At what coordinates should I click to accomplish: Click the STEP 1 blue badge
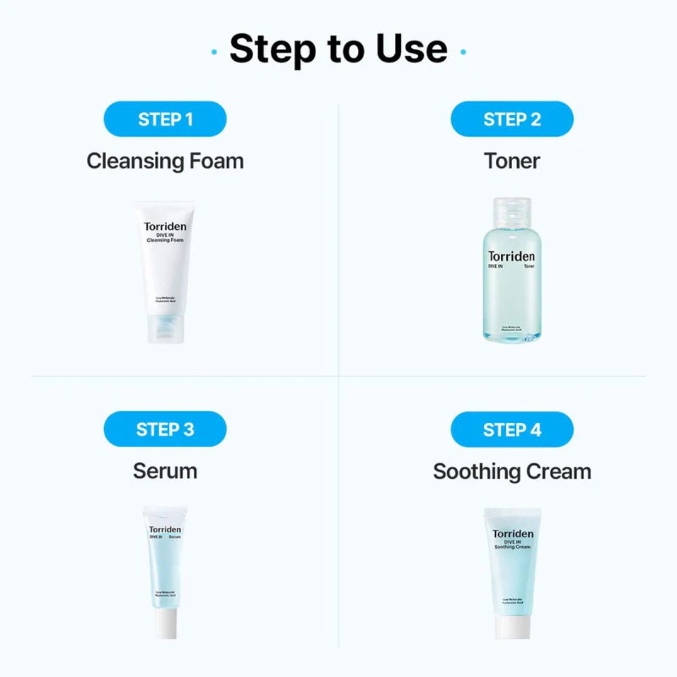point(165,119)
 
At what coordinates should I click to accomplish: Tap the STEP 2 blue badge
point(512,119)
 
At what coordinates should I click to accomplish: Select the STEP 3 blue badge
point(165,429)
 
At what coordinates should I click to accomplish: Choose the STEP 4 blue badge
point(512,429)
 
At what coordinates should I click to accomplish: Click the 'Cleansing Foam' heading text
point(165,161)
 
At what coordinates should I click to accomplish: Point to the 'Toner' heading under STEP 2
point(512,161)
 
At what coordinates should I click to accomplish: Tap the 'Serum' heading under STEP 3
point(165,471)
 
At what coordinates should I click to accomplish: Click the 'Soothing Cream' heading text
point(512,471)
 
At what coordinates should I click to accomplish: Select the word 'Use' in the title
point(412,48)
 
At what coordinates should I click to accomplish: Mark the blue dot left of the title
point(214,51)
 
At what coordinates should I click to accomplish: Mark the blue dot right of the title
point(463,51)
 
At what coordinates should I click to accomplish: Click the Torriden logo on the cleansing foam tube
point(165,227)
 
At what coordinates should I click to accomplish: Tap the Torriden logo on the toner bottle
point(512,256)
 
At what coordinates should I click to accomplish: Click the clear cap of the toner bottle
point(512,211)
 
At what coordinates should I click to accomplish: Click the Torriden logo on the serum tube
point(165,530)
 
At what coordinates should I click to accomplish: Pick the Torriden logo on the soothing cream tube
point(513,534)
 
